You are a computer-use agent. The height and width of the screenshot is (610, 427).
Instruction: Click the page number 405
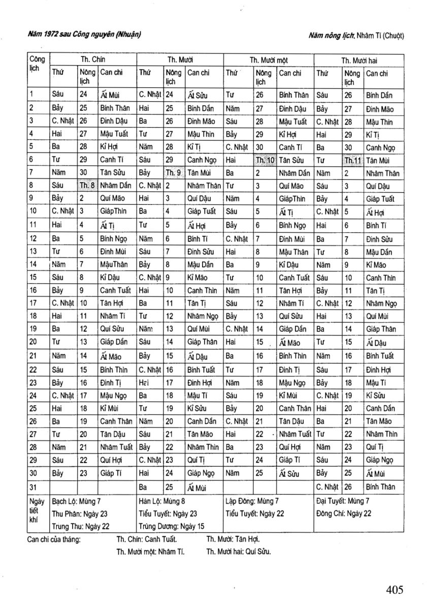pos(394,590)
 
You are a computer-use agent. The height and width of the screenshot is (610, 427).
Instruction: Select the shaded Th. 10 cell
pos(265,160)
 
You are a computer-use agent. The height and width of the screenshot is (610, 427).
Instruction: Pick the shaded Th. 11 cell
pos(352,160)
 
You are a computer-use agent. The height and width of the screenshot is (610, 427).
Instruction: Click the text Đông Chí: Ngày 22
pos(343,513)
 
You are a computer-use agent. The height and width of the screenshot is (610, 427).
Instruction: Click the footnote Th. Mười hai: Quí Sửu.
pos(238,552)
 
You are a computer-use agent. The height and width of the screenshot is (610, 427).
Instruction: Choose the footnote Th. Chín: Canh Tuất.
pos(147,539)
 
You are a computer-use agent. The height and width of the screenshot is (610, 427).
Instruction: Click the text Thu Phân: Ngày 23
pos(80,513)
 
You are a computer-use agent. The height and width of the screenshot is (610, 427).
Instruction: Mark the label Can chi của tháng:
pos(54,539)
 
